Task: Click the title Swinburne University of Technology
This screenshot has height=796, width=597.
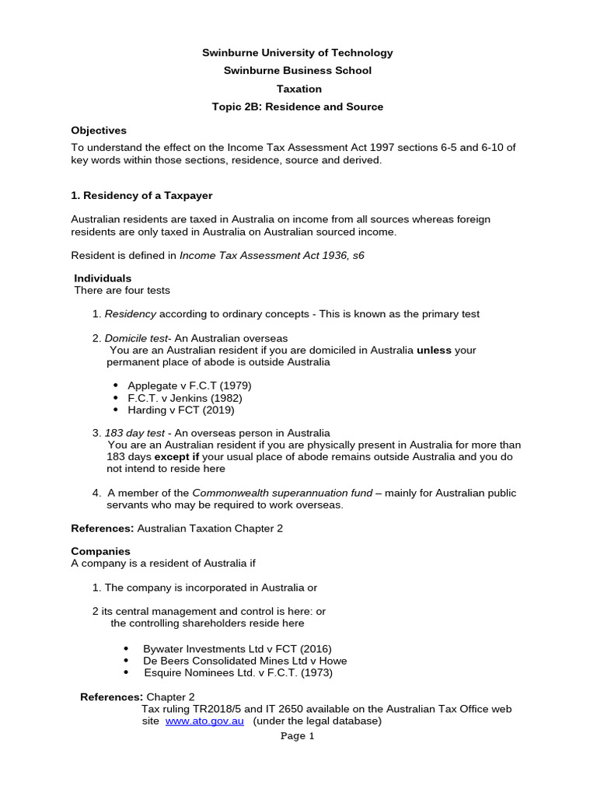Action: coord(298,53)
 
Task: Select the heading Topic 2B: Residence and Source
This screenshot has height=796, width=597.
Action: coord(298,106)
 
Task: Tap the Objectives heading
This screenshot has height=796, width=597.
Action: coord(99,130)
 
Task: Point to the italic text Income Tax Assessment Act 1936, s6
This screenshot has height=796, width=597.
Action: coord(272,255)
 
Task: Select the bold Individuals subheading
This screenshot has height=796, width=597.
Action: coord(103,278)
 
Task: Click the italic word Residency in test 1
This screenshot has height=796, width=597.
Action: coord(131,314)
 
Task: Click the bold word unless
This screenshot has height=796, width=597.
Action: coord(434,350)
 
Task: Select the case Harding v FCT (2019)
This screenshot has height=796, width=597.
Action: coord(181,410)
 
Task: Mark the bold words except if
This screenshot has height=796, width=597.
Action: coord(176,457)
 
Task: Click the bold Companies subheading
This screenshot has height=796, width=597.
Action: coord(101,551)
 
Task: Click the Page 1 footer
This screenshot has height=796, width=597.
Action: coord(298,737)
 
